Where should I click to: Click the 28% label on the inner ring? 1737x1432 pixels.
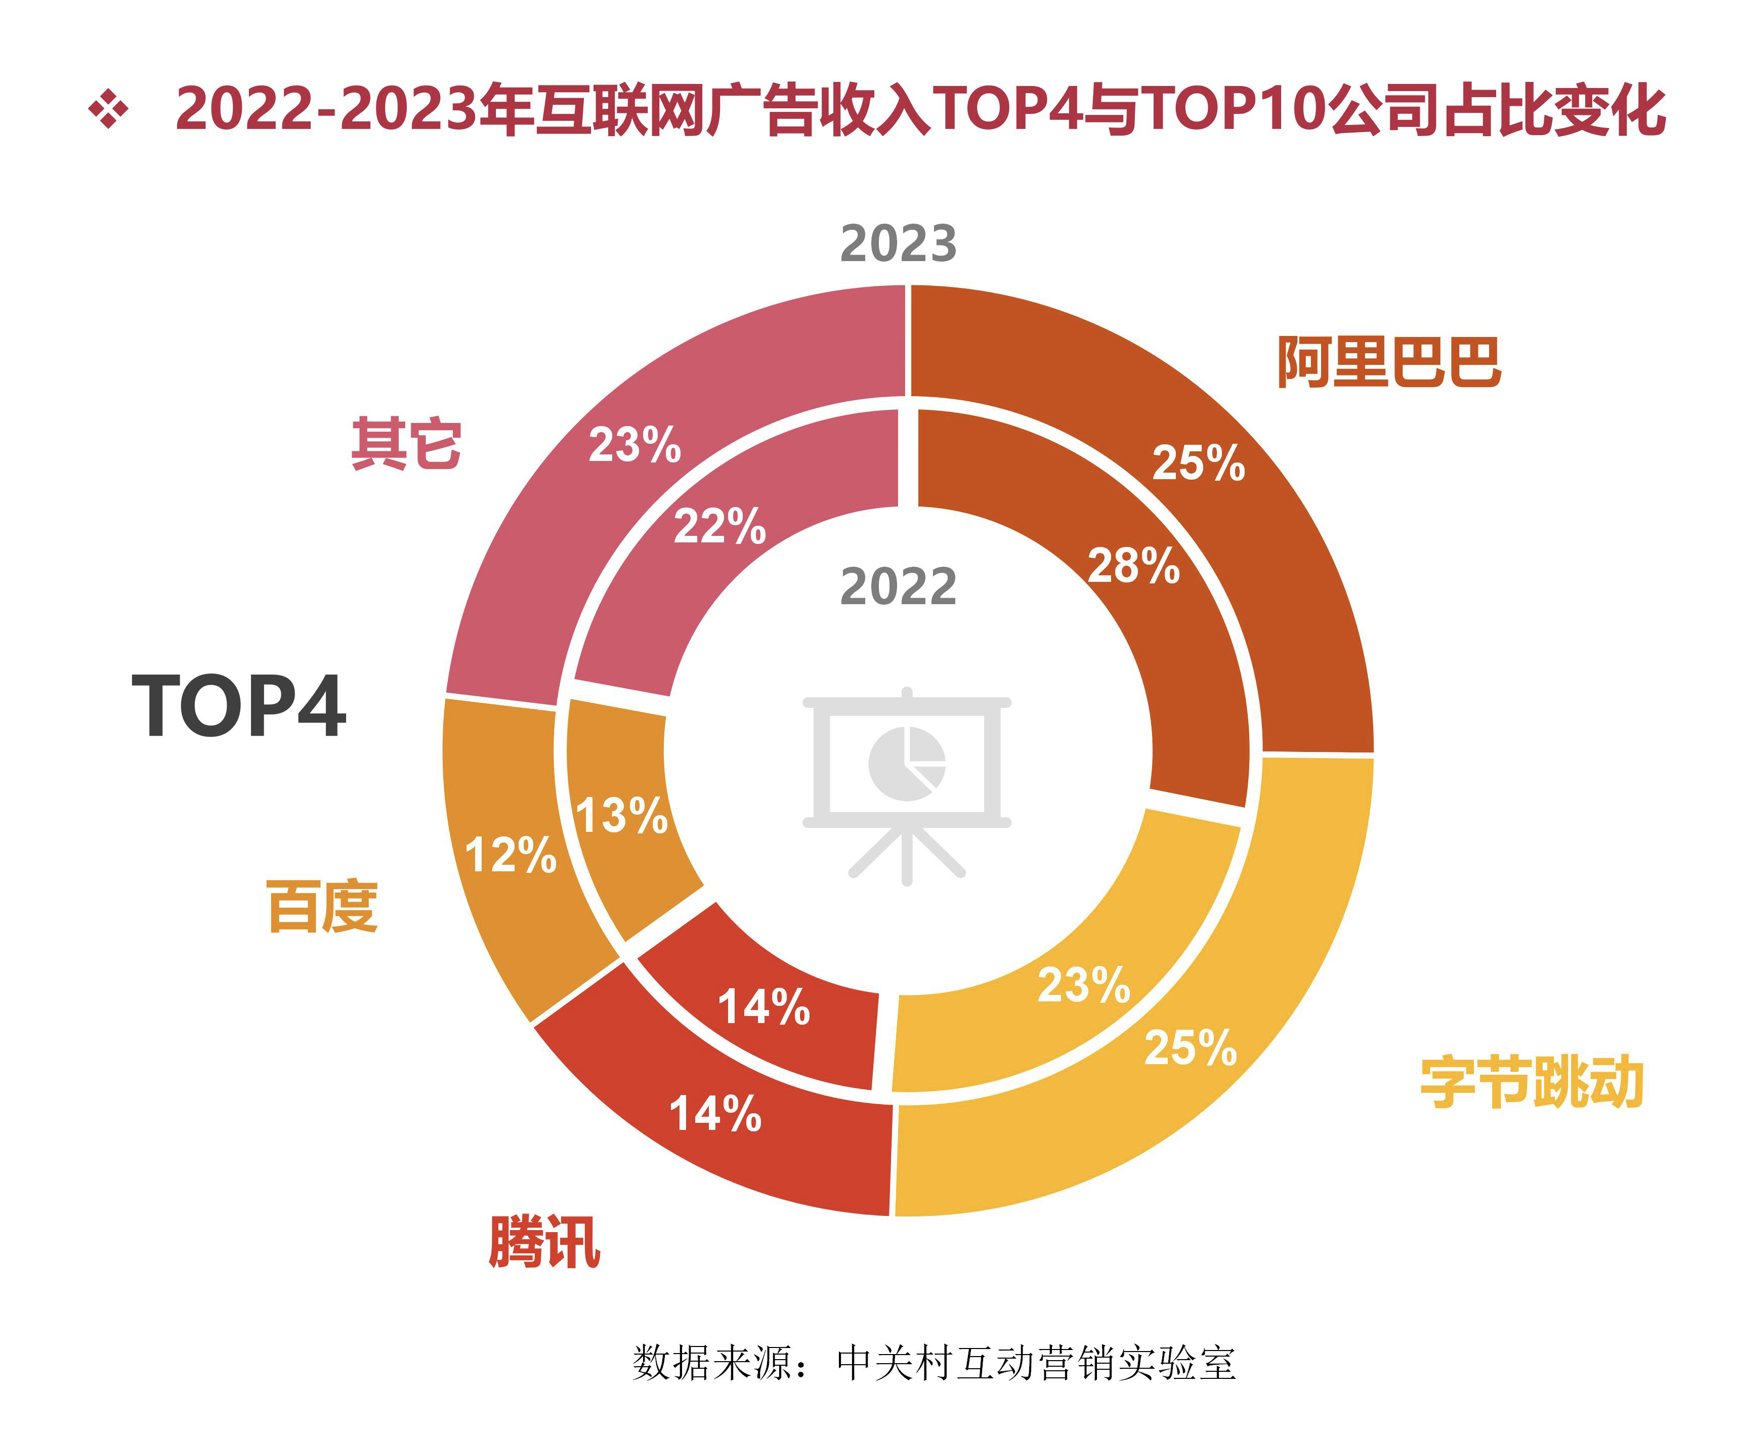point(1133,566)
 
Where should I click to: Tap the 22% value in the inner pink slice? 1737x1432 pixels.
point(719,526)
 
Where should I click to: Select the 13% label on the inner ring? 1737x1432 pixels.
point(621,816)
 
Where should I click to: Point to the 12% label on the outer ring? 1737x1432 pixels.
point(511,855)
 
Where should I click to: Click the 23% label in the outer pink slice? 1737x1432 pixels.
point(634,445)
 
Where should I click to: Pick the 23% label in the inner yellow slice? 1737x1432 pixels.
point(1083,985)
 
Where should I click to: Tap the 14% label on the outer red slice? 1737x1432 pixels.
point(715,1114)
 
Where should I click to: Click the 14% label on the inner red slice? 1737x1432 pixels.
point(764,1007)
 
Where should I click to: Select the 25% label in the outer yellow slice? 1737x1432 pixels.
point(1190,1047)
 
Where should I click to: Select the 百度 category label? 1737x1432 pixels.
point(322,906)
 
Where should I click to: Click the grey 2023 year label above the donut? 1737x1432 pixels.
point(898,244)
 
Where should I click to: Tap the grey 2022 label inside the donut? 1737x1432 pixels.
point(898,587)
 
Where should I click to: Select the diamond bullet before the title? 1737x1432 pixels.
point(109,110)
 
